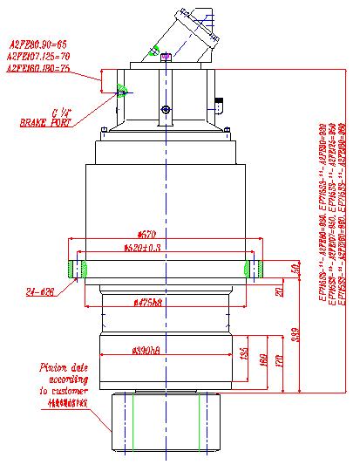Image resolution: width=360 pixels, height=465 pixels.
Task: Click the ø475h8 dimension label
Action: click(151, 303)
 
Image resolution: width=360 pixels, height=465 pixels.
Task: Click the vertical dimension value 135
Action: click(243, 355)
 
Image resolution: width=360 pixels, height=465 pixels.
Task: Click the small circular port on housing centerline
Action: click(165, 109)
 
